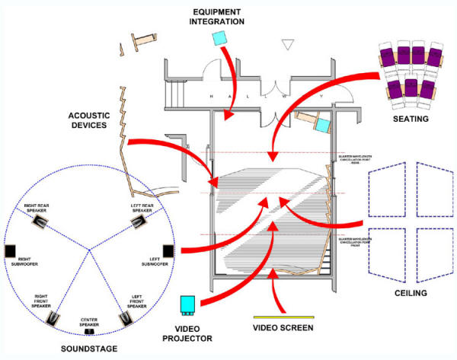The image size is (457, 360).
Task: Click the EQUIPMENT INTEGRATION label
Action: point(218,17)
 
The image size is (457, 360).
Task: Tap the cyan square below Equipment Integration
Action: point(221,38)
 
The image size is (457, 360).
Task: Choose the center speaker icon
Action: point(89,331)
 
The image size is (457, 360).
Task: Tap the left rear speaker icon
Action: point(137,221)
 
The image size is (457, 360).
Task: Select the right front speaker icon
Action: point(53,315)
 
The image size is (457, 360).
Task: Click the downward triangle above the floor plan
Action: point(287,45)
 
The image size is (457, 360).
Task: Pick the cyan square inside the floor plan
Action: point(322,125)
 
